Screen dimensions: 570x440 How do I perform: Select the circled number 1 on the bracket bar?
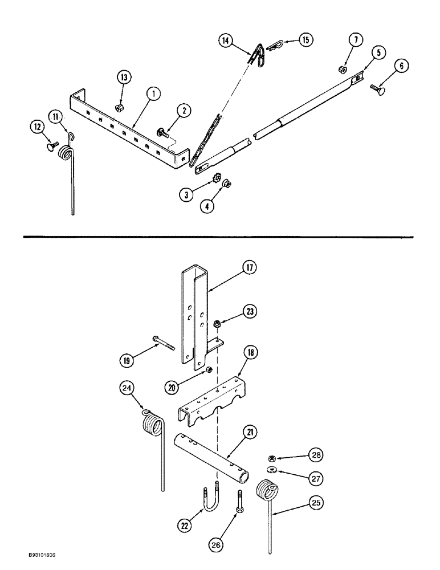click(151, 92)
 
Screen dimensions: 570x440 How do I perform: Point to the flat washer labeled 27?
click(270, 470)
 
